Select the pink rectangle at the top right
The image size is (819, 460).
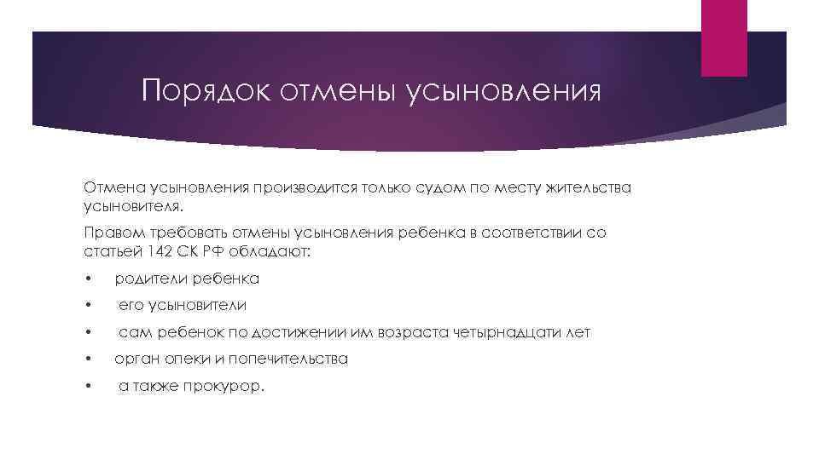[723, 37]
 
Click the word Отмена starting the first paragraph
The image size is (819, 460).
[114, 187]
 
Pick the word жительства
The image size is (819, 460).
[590, 187]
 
